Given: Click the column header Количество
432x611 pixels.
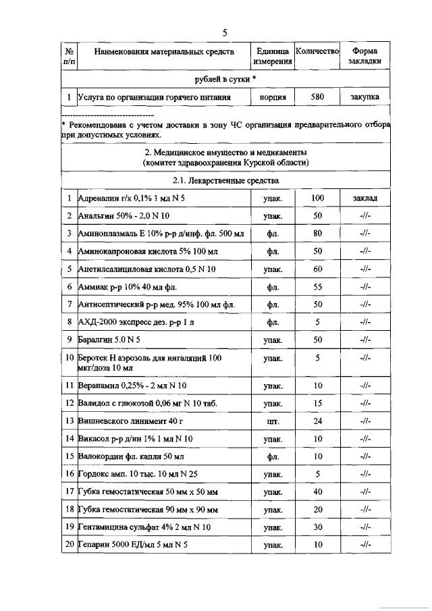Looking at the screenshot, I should pos(317,51).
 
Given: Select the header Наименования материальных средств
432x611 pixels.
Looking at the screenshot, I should pos(164,51).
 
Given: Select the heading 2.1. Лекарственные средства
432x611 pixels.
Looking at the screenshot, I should pos(226,181).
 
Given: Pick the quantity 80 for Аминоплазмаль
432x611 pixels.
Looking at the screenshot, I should pos(317,234).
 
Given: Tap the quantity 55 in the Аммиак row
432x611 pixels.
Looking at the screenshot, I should pos(317,286).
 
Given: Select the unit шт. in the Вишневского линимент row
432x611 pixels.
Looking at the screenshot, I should pos(273,421).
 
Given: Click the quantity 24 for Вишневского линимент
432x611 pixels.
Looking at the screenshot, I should pos(317,421).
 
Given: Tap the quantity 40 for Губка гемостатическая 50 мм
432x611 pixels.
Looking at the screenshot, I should pos(317,492).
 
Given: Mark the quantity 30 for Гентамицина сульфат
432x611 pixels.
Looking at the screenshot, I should pos(317,527).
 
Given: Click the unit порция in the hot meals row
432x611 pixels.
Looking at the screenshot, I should pos(273,97).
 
